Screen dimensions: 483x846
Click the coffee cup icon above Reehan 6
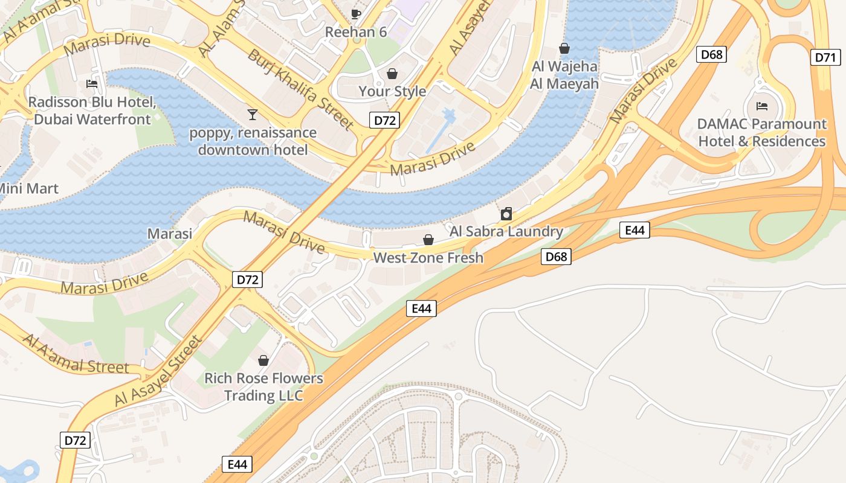tap(356, 13)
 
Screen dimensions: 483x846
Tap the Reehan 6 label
tap(356, 32)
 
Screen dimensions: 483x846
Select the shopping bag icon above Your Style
tap(392, 74)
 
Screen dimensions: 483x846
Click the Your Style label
tap(392, 91)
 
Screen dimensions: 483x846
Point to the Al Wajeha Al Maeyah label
tap(564, 75)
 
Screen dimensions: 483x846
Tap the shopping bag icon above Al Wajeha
tap(564, 48)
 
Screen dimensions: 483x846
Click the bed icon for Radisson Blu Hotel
tap(92, 83)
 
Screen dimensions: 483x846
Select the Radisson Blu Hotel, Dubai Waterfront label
tap(92, 110)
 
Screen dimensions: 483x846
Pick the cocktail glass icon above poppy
tap(252, 114)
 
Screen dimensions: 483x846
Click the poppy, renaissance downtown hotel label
tap(253, 141)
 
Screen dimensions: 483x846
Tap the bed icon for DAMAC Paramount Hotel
tap(762, 106)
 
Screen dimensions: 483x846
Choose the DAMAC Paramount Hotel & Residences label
tap(761, 132)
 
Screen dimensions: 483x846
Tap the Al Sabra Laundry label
tap(506, 231)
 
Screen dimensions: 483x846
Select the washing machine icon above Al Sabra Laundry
tap(506, 213)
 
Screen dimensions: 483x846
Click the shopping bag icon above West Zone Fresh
tap(428, 240)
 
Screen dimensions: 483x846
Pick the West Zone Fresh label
tap(428, 258)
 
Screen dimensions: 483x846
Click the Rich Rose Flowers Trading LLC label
tap(263, 387)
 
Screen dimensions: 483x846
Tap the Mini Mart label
tap(28, 188)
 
